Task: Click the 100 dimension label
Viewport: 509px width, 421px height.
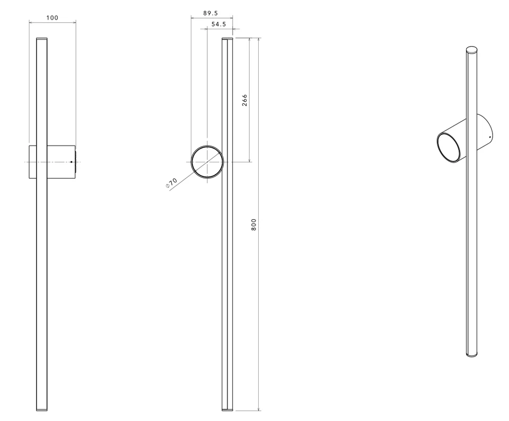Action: (x=52, y=17)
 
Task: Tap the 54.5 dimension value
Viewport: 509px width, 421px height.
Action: (x=218, y=24)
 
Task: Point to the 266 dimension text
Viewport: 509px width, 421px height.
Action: (x=244, y=101)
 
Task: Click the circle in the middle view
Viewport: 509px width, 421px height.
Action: (x=207, y=162)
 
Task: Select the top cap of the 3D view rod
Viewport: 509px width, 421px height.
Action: (x=471, y=51)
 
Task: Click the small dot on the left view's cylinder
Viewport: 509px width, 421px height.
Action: (x=72, y=162)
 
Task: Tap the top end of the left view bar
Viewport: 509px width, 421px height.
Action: (x=41, y=40)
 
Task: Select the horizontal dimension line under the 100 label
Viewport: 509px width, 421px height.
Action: (x=52, y=23)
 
